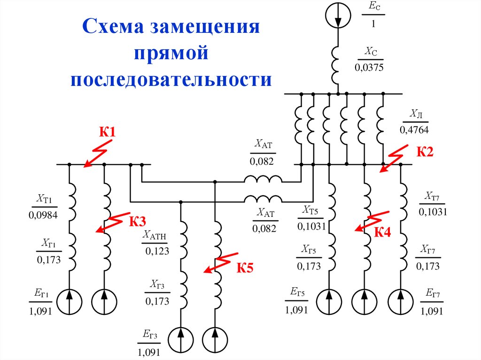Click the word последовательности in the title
click(171, 79)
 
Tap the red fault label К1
click(107, 132)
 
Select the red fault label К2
click(425, 152)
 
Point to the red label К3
click(138, 221)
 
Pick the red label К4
click(382, 231)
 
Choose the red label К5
click(244, 268)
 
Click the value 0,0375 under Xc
click(369, 67)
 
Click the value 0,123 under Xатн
click(157, 251)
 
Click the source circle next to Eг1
click(69, 300)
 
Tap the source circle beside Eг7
click(401, 300)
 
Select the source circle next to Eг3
click(181, 337)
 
